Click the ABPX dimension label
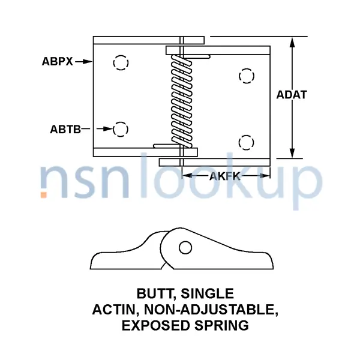tap(57, 61)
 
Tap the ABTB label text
tap(65, 128)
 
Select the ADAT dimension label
tap(292, 95)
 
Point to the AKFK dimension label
tap(225, 176)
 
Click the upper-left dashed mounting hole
tap(121, 63)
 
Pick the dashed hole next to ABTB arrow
tap(121, 128)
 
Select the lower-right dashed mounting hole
tap(245, 142)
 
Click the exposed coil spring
tap(178, 99)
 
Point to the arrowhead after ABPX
tap(88, 61)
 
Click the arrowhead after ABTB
tap(109, 128)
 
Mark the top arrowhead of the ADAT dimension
tap(293, 42)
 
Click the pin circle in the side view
tap(185, 247)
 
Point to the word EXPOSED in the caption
tap(152, 326)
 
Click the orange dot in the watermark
tap(44, 194)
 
